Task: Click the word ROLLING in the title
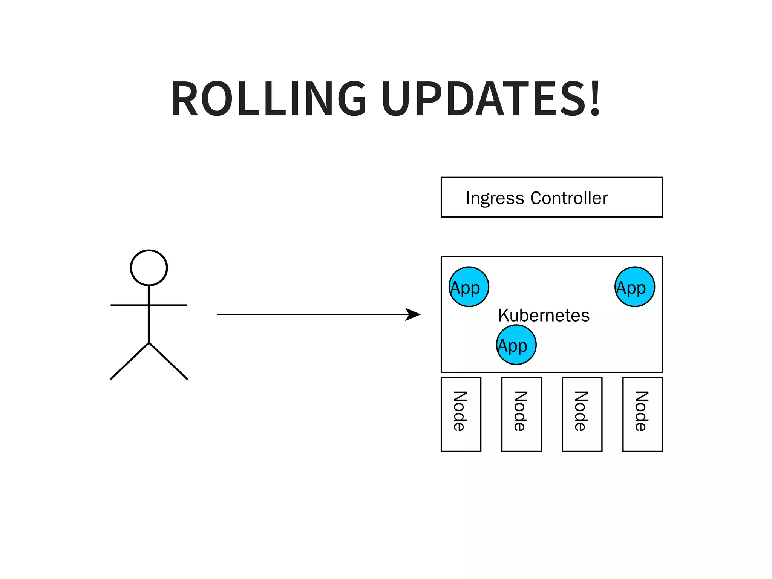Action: [268, 99]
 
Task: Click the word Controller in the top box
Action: [569, 198]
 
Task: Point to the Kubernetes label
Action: [544, 315]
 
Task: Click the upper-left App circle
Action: [469, 287]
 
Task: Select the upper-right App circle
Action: [634, 287]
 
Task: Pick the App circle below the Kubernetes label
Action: [516, 345]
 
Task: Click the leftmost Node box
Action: [461, 414]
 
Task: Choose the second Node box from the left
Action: [521, 414]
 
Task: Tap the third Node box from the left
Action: [582, 414]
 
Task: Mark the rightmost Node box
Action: [642, 414]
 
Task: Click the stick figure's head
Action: [149, 268]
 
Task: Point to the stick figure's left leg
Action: [130, 361]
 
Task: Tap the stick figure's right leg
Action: [168, 361]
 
